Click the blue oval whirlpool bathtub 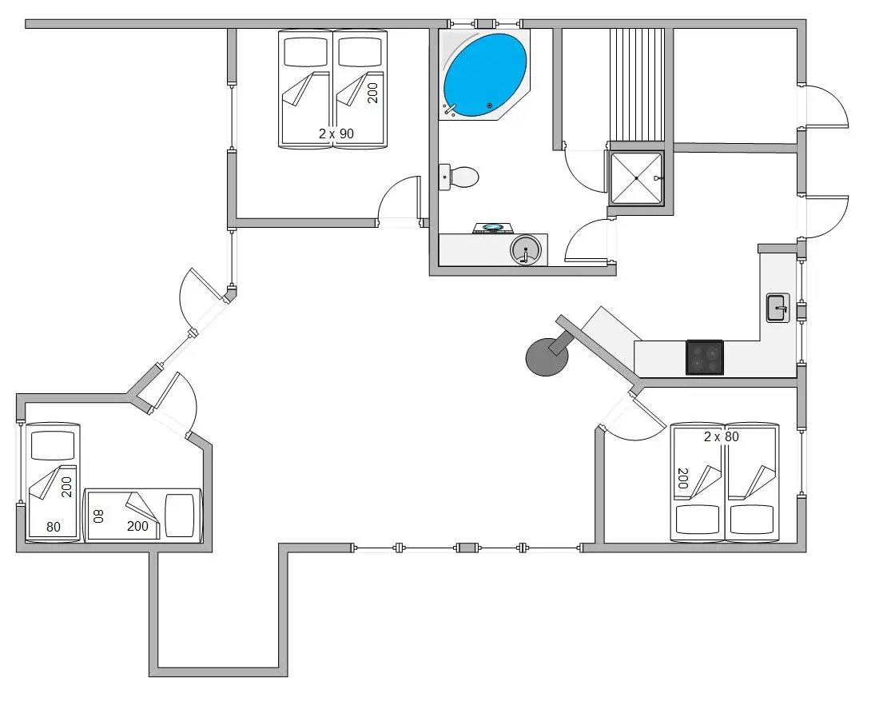coord(485,76)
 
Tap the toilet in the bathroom coord(459,177)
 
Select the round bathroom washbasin coord(526,249)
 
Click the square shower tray coord(636,177)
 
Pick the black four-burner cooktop coord(705,357)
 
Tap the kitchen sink coord(778,308)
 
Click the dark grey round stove coord(547,357)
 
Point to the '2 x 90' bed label coord(336,133)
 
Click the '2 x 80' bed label coord(722,436)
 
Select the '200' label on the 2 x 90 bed coord(373,93)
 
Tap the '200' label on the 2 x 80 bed coord(682,478)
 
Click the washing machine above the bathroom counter coord(493,229)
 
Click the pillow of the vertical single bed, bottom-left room coord(53,446)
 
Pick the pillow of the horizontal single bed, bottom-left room coord(180,516)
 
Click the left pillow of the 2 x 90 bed coord(305,52)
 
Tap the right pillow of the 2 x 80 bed coord(752,520)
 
